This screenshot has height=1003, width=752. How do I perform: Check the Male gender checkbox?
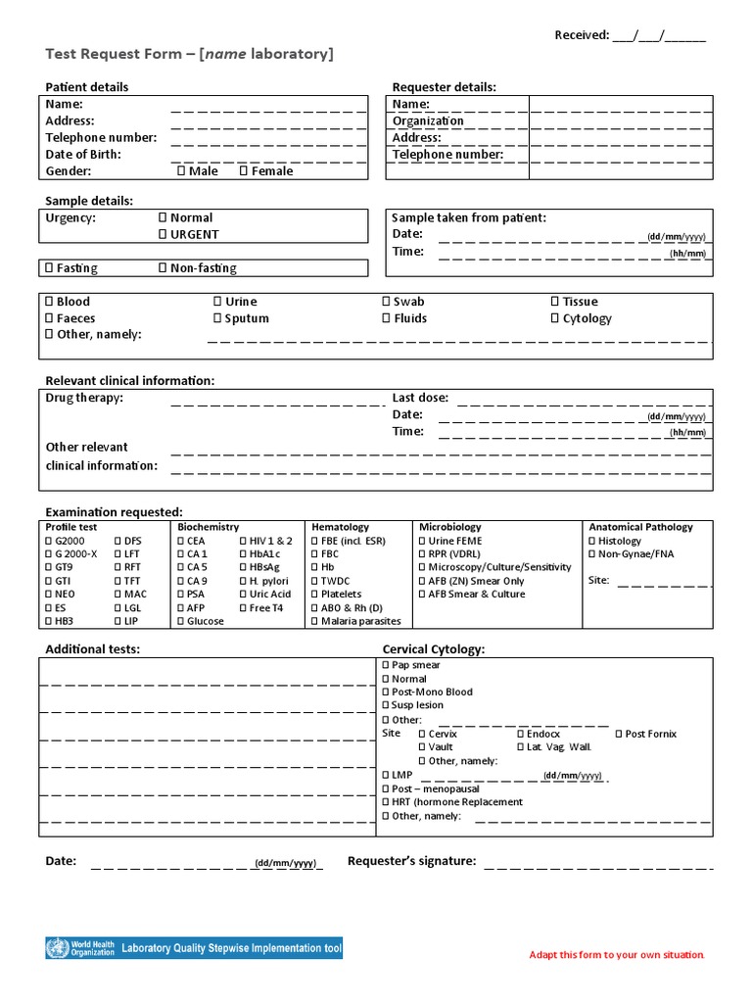[181, 170]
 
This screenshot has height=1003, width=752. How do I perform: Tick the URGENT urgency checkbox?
[163, 234]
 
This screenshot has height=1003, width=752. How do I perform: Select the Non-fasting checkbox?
[163, 267]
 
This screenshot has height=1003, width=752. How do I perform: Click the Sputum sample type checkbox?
[217, 318]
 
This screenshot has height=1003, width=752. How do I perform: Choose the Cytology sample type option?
[555, 318]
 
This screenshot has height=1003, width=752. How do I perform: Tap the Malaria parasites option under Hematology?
[315, 621]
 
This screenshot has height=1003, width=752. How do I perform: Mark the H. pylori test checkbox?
[243, 581]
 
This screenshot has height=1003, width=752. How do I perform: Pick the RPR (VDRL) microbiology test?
[423, 554]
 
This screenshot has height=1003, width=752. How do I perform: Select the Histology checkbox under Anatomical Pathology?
[591, 541]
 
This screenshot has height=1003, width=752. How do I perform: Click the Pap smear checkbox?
[386, 665]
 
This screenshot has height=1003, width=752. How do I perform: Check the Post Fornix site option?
[619, 734]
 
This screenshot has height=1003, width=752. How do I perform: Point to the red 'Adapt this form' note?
[616, 955]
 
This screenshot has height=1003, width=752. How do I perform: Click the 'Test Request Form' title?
[190, 54]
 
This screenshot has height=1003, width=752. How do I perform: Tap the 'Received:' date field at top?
[658, 36]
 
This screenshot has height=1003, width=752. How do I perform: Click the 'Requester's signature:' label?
[411, 861]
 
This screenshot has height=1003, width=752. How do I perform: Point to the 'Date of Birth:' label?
[83, 155]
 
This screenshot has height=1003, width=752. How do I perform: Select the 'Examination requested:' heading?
[114, 512]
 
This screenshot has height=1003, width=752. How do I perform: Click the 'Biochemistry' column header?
[208, 527]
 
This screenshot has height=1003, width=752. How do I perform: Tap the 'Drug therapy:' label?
[84, 398]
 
